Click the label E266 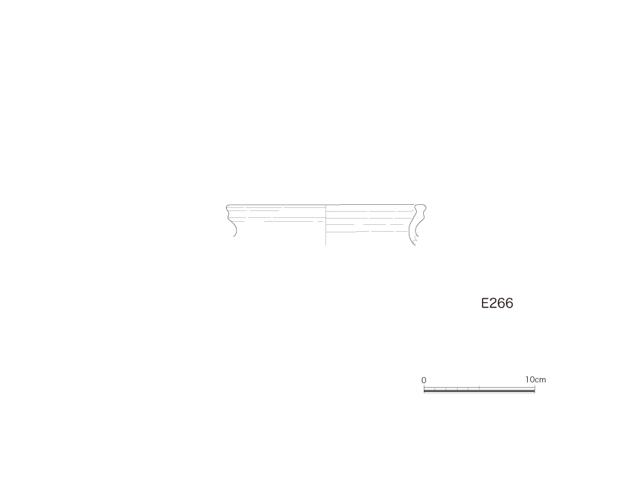[497, 303]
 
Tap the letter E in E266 [485, 303]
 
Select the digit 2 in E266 [493, 303]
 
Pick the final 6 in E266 [510, 303]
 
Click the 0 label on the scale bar [424, 380]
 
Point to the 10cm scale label [536, 380]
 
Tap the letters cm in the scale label [541, 380]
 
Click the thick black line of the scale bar [479, 391]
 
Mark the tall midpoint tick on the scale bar [479, 388]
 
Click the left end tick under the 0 [424, 388]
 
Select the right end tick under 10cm [535, 388]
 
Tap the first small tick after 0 [435, 388]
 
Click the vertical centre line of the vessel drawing [326, 225]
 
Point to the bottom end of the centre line [326, 246]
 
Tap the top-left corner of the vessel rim [227, 205]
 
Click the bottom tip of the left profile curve [234, 236]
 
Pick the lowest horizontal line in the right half [368, 232]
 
